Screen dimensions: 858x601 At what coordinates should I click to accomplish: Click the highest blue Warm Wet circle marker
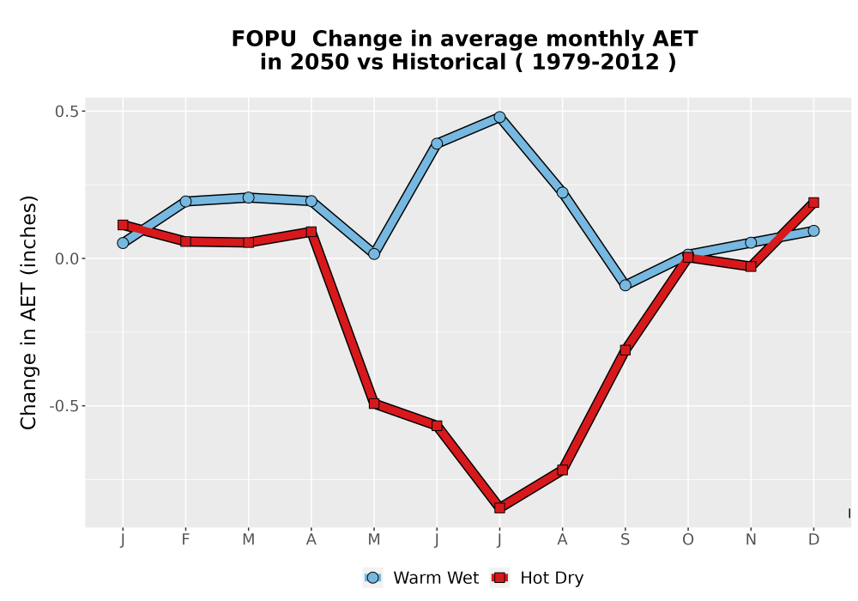(x=499, y=117)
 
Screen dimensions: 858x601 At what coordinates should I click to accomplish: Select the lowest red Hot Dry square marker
(x=499, y=508)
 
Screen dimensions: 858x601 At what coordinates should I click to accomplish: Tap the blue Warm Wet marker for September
(x=625, y=285)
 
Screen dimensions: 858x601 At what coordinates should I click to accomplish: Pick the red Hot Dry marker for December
(x=813, y=203)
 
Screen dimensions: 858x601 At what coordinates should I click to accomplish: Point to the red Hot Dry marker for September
(x=625, y=349)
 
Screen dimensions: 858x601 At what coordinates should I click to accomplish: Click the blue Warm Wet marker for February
(x=185, y=201)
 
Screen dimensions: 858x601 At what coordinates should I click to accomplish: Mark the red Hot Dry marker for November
(x=751, y=266)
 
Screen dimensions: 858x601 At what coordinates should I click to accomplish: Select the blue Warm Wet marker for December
(x=813, y=231)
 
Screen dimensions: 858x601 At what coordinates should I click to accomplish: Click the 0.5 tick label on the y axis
(x=67, y=112)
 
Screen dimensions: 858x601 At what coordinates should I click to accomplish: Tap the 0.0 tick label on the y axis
(x=67, y=259)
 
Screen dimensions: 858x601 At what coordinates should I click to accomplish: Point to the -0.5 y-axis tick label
(x=64, y=406)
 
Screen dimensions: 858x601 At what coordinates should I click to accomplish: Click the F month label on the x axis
(x=185, y=540)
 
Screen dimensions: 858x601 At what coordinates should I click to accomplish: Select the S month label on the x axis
(x=625, y=540)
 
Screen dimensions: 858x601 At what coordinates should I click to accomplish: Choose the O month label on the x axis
(x=688, y=540)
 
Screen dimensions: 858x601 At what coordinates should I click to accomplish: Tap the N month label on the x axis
(x=751, y=540)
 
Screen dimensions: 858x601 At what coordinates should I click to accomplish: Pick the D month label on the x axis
(x=813, y=540)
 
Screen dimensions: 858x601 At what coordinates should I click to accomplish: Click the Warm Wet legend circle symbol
(x=372, y=578)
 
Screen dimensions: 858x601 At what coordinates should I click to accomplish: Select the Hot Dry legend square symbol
(x=499, y=578)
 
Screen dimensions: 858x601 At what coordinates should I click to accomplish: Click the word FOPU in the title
(x=263, y=39)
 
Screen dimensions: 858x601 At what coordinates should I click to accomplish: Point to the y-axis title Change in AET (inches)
(x=28, y=313)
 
